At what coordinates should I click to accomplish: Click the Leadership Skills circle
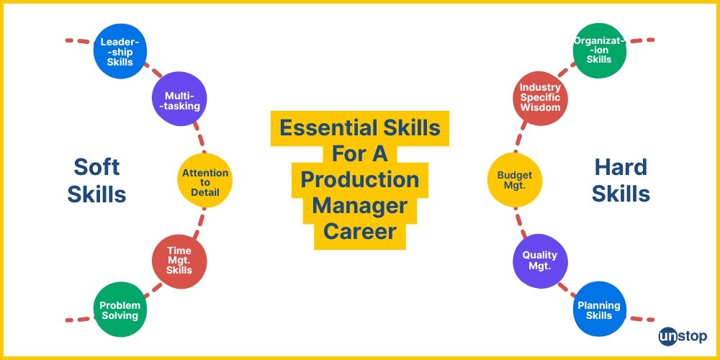point(120,51)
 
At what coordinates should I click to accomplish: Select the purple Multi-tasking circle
point(180,100)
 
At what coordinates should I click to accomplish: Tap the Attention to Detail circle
point(205,182)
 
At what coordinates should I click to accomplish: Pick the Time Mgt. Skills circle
point(179,260)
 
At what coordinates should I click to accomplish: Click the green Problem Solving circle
point(120,310)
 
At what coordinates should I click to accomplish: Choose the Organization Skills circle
point(599,51)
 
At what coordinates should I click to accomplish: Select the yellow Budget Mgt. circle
point(515,178)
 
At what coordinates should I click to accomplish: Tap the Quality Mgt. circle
point(540,260)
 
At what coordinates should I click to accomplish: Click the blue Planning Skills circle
point(599,310)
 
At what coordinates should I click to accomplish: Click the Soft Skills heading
point(96,180)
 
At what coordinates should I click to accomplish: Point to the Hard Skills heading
point(621,180)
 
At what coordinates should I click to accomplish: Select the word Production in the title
point(360,179)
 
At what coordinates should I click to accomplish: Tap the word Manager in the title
point(360,206)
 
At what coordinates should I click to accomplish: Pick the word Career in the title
point(360,232)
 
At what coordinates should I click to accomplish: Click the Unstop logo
point(683,336)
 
